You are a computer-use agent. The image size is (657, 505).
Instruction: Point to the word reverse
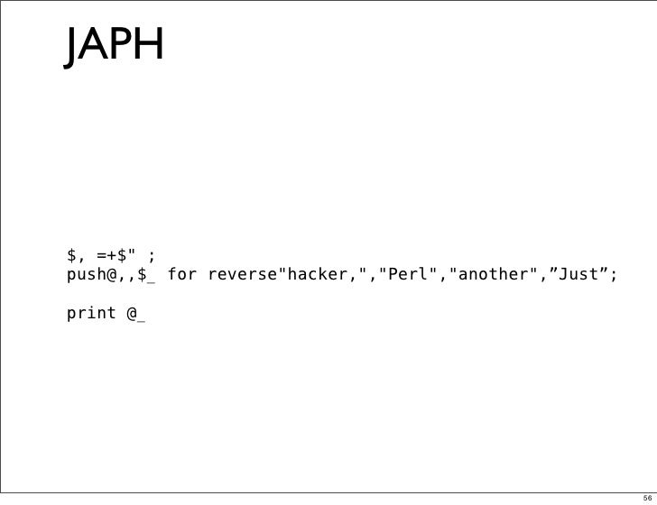point(241,273)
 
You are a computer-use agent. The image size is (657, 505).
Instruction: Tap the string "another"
point(488,273)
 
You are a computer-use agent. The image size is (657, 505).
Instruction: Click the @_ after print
point(136,314)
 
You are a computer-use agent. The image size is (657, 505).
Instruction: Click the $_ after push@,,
point(146,274)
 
